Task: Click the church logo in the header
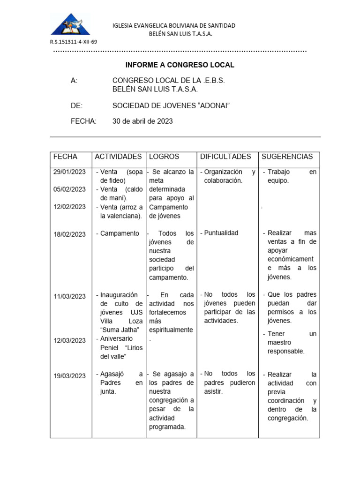point(70,24)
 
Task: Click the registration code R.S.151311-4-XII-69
point(74,42)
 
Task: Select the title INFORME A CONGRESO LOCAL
point(180,65)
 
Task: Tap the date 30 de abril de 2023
point(142,121)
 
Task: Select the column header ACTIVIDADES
point(118,157)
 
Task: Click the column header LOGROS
point(164,157)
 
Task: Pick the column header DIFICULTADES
point(225,157)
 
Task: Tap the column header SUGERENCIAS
point(287,157)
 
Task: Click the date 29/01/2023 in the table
point(69,172)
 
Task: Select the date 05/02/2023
point(69,189)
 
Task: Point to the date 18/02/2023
point(69,234)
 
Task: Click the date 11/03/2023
point(69,296)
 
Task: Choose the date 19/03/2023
point(69,375)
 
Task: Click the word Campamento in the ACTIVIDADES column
point(120,233)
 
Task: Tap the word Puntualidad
point(221,233)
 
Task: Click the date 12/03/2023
point(69,340)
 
